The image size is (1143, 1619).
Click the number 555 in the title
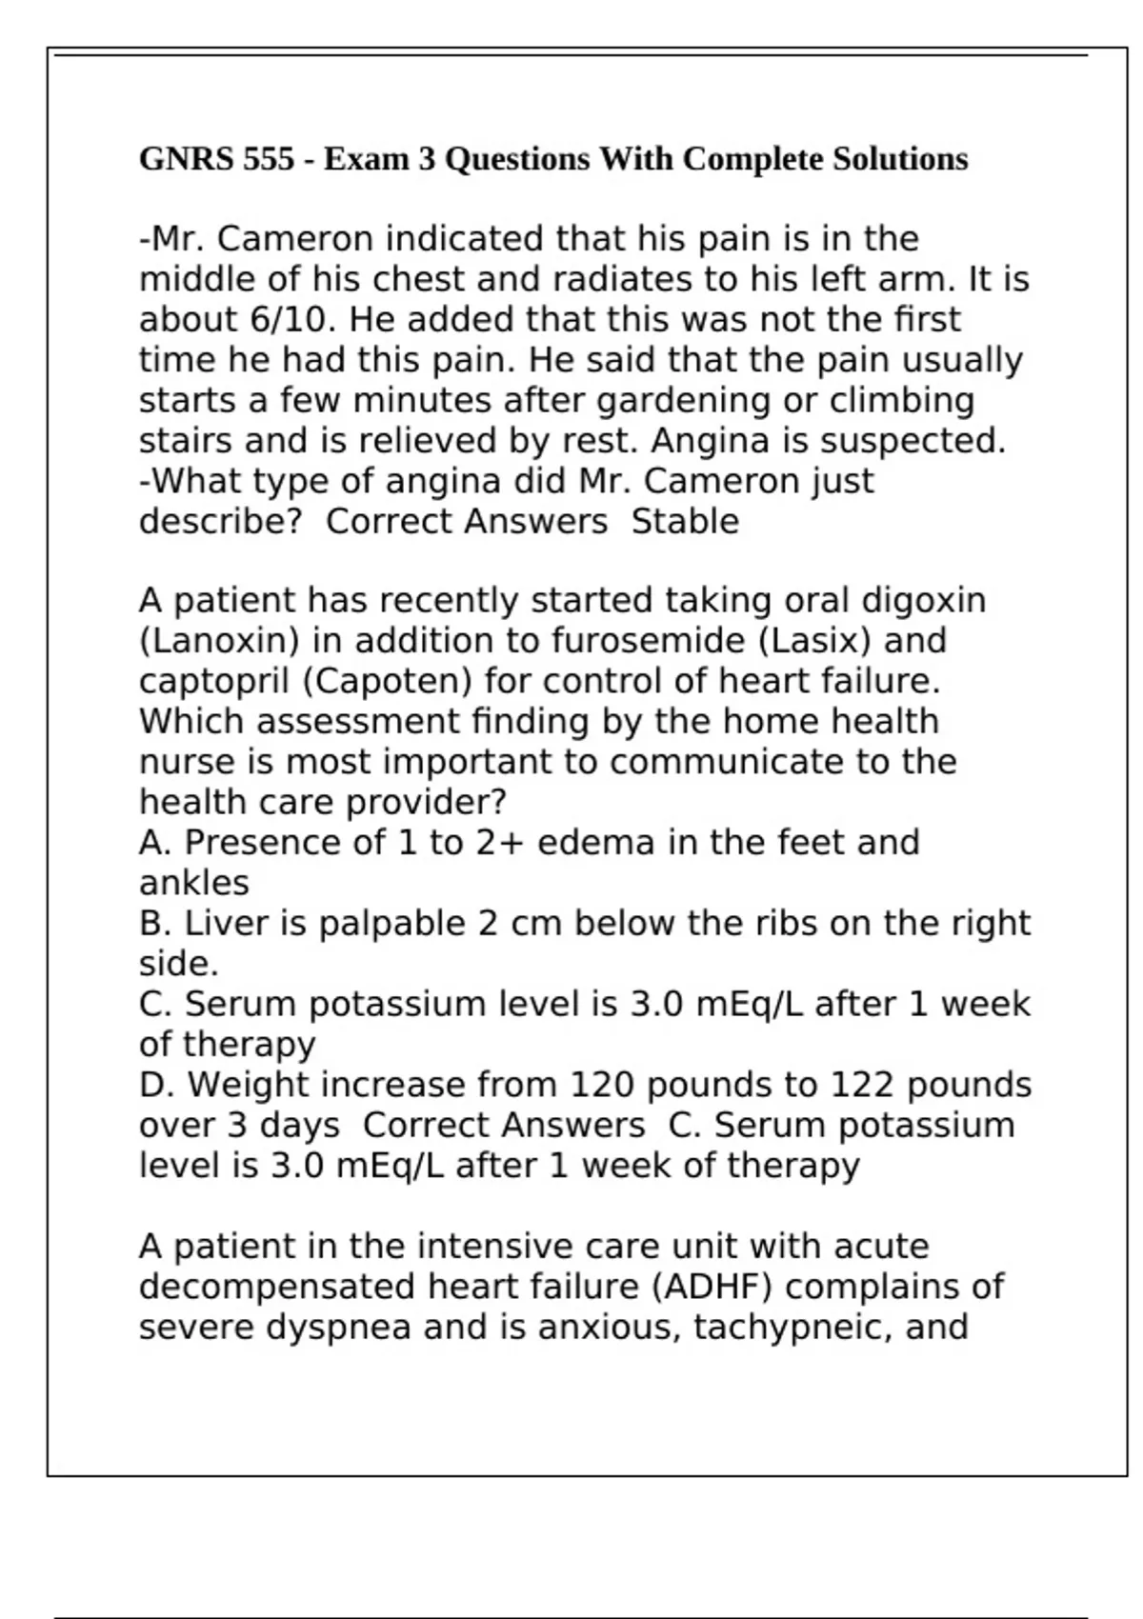269,158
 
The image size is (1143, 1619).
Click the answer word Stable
685,521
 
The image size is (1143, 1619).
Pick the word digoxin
923,600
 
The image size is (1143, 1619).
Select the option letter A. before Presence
156,842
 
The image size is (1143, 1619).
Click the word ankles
194,883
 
